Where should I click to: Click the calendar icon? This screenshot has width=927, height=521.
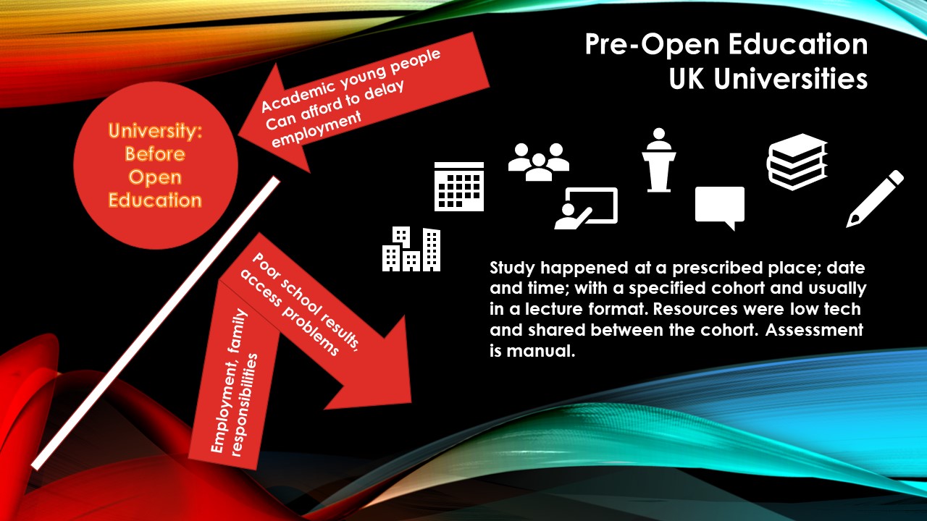coord(459,187)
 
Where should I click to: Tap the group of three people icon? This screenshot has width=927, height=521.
coord(539,162)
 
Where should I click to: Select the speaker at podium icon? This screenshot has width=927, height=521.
coord(659,160)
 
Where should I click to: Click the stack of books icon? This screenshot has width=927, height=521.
coord(797,161)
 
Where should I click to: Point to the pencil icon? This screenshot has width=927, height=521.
coord(875,199)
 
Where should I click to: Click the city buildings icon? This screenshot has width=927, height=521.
coord(411,249)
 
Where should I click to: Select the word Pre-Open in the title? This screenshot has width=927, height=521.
coord(653,45)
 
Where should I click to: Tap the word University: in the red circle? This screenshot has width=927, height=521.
coord(155,131)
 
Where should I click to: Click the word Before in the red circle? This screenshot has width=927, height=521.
coord(155,154)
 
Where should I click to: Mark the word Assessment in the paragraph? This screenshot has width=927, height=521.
coord(814,330)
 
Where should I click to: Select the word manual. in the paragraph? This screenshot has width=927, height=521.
coord(541,351)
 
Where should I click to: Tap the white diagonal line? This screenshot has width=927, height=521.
coord(156,323)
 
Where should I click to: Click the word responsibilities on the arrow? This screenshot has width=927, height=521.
coord(246,405)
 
